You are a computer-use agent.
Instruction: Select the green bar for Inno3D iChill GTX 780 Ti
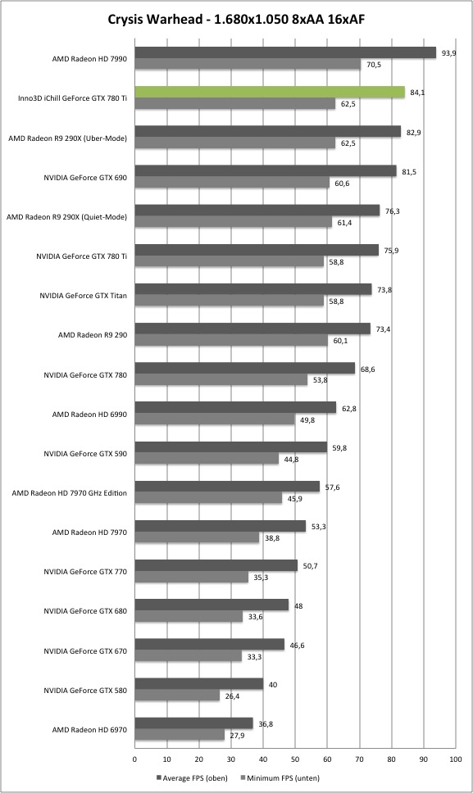tap(270, 92)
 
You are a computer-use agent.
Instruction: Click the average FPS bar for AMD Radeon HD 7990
tap(285, 52)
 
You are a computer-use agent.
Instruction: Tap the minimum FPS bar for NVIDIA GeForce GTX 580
tap(177, 696)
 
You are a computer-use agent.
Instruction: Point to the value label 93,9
tap(448, 52)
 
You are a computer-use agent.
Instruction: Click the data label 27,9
tap(237, 736)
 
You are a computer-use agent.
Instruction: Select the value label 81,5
tap(409, 172)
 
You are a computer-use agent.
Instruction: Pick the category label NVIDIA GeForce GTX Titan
tap(83, 296)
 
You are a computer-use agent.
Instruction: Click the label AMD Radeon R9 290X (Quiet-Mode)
tap(66, 217)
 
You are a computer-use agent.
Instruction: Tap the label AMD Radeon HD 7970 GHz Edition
tap(70, 493)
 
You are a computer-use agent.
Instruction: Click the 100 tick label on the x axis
tap(455, 759)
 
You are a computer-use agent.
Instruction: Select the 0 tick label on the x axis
tap(134, 759)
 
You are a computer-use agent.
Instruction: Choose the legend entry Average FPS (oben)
tap(192, 777)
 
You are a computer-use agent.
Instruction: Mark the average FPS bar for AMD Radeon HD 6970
tap(193, 723)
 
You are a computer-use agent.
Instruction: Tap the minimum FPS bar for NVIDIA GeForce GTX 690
tap(232, 183)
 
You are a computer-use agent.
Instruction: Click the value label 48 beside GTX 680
tap(298, 606)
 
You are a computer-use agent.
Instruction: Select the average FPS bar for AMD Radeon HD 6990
tap(235, 408)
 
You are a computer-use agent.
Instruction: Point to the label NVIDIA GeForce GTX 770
tap(85, 572)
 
